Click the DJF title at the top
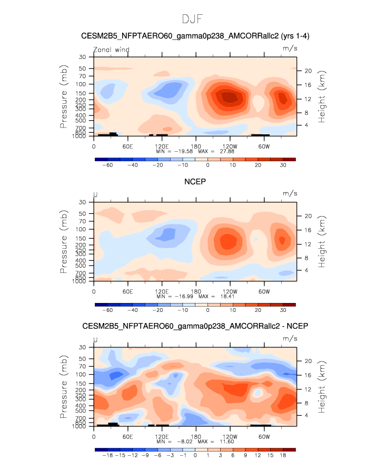click(192, 19)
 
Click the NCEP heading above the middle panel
click(195, 182)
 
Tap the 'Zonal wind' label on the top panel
click(111, 50)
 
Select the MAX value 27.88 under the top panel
click(227, 151)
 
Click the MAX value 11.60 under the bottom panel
click(227, 442)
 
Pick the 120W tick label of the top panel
click(230, 146)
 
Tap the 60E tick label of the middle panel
click(128, 291)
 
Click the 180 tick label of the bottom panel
click(196, 436)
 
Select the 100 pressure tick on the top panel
click(81, 84)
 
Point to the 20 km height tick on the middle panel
click(308, 216)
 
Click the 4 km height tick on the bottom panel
click(306, 415)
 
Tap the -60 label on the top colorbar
click(107, 165)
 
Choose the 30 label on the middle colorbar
click(283, 310)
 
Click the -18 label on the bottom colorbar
click(107, 455)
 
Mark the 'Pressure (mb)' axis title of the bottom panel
click(64, 387)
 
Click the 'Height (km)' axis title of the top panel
click(322, 96)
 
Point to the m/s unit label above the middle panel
click(290, 193)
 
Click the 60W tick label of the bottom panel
click(264, 436)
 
